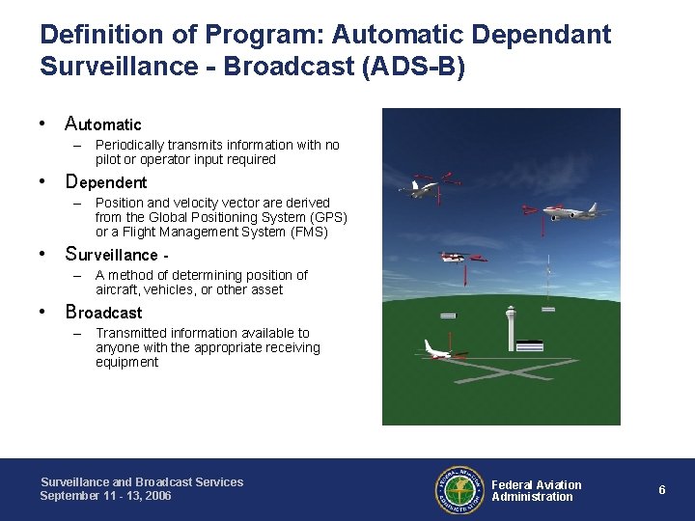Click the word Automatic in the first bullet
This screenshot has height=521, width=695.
point(103,124)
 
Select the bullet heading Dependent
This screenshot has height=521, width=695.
point(105,182)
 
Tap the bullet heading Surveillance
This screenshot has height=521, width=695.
point(111,255)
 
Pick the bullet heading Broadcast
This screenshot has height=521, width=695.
point(103,313)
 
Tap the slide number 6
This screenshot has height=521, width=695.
point(662,490)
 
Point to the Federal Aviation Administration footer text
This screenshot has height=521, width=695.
point(536,490)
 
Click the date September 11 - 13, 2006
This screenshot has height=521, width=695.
point(105,495)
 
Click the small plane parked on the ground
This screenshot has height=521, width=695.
point(440,351)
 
